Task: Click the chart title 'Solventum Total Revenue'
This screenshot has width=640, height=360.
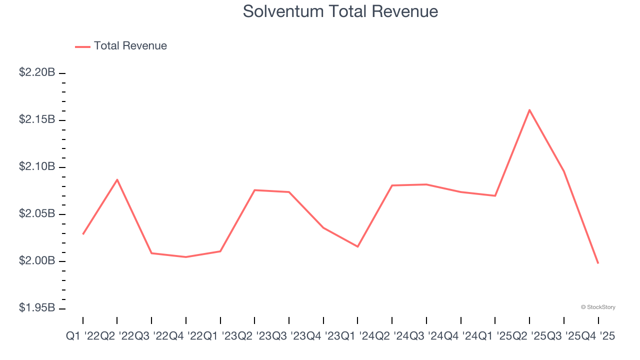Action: [x=340, y=11]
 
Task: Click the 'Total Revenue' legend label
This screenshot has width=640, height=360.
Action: [x=130, y=46]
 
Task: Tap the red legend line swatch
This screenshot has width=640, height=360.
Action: [x=82, y=46]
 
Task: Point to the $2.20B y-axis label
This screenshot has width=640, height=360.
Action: [x=37, y=72]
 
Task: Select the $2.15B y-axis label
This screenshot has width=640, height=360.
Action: [x=37, y=119]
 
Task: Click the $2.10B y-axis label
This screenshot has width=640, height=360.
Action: [x=37, y=166]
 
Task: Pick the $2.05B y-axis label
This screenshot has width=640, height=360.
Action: [x=37, y=213]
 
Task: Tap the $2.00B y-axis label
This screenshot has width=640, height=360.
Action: [x=37, y=260]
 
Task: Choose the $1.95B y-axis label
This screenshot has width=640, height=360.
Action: [x=37, y=307]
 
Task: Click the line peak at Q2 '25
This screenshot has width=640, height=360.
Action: [x=529, y=110]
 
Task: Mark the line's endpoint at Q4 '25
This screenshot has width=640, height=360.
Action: [x=598, y=263]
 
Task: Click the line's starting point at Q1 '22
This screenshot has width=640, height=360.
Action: [x=83, y=234]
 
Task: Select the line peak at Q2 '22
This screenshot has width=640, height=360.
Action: [x=117, y=179]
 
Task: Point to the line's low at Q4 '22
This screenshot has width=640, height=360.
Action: [x=186, y=257]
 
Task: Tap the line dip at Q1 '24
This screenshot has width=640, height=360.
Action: [x=357, y=246]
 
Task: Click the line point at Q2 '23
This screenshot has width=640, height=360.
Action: [x=254, y=190]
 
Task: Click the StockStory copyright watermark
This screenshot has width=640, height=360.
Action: [x=598, y=307]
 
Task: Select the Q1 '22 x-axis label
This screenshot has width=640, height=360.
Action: [x=83, y=337]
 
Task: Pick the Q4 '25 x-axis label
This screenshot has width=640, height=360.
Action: [x=598, y=337]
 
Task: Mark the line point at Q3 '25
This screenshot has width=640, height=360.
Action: [x=563, y=171]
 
